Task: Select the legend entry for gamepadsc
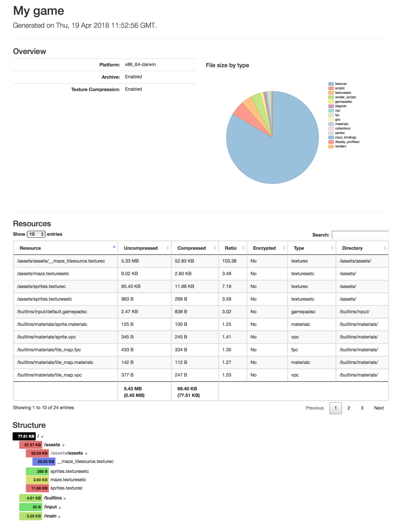343,102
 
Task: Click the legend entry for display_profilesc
347,142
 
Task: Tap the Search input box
360,235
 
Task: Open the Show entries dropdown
36,234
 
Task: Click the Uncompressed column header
141,248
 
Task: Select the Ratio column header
230,248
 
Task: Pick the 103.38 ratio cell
229,261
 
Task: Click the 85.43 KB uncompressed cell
131,287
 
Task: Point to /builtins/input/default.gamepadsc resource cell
52,312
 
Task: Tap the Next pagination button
379,408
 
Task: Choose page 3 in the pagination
362,408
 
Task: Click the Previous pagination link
315,408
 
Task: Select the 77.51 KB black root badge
24,437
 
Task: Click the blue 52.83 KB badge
44,462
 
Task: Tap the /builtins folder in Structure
53,498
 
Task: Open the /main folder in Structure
50,516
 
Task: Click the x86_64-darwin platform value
140,64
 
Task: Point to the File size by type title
227,65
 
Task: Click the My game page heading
38,11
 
